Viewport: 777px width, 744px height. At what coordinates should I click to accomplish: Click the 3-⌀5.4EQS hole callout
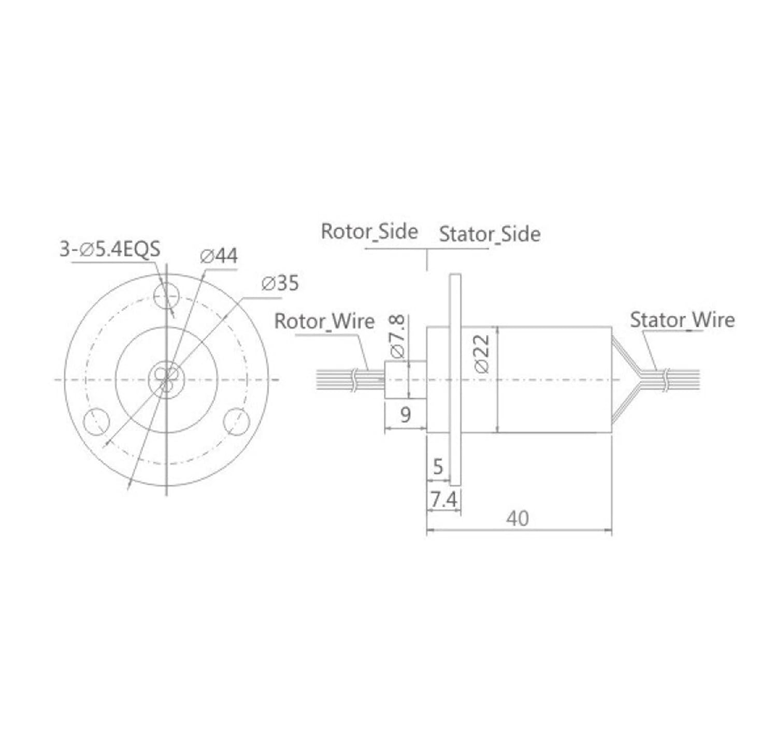pyautogui.click(x=110, y=250)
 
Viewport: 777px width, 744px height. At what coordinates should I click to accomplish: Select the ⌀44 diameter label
pyautogui.click(x=219, y=256)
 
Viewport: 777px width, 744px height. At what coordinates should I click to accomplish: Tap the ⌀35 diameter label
pyautogui.click(x=280, y=283)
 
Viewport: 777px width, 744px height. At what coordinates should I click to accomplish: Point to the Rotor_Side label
pyautogui.click(x=369, y=231)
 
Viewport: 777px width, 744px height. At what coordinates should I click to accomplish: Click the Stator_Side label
pyautogui.click(x=490, y=235)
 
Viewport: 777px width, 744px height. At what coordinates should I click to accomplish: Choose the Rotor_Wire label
pyautogui.click(x=324, y=322)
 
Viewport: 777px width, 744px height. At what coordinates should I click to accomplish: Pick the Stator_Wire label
pyautogui.click(x=682, y=320)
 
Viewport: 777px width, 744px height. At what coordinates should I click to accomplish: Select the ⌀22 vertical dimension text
pyautogui.click(x=482, y=354)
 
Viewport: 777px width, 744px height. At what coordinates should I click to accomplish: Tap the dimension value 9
pyautogui.click(x=406, y=415)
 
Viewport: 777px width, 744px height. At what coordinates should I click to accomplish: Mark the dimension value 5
pyautogui.click(x=438, y=467)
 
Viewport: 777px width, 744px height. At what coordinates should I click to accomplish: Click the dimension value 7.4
pyautogui.click(x=444, y=500)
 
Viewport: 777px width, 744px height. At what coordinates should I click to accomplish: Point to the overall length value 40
pyautogui.click(x=518, y=518)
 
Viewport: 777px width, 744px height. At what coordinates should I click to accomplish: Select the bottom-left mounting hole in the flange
pyautogui.click(x=96, y=421)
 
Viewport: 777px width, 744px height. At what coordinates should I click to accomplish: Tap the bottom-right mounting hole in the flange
pyautogui.click(x=237, y=421)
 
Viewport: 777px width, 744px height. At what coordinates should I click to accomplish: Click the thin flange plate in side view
pyautogui.click(x=455, y=380)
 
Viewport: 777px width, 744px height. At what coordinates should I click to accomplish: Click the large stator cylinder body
pyautogui.click(x=554, y=380)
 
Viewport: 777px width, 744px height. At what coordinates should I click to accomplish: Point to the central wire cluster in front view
pyautogui.click(x=166, y=380)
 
